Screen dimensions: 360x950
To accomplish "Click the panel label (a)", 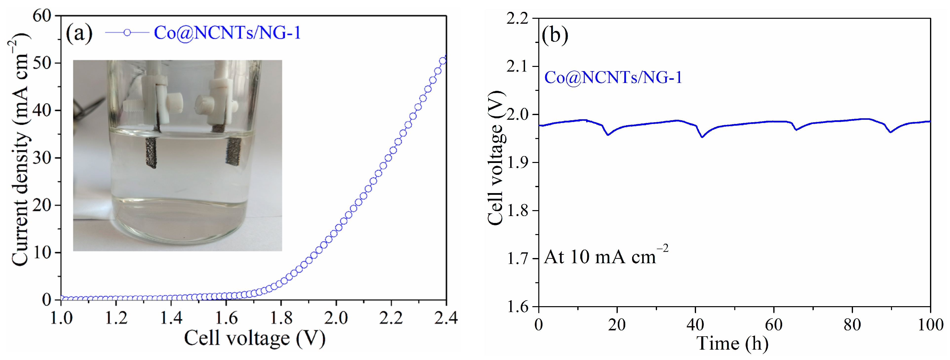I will [x=79, y=34].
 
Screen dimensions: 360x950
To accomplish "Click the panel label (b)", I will [x=555, y=36].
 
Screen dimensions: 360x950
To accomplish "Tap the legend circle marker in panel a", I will [x=127, y=33].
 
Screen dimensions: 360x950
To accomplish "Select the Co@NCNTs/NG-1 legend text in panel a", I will [x=227, y=33].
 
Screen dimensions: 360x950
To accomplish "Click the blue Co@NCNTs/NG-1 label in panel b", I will [x=613, y=78].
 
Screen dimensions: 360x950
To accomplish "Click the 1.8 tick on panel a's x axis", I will [x=281, y=318].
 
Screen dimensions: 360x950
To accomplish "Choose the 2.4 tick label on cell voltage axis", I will [x=446, y=318].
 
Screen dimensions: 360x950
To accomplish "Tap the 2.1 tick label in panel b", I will [x=517, y=66].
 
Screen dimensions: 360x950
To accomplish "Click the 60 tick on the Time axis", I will [x=773, y=325].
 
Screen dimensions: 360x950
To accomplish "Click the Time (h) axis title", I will [x=732, y=344].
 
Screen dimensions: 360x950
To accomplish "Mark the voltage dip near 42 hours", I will [x=702, y=137].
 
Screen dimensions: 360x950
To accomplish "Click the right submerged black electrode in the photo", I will [x=233, y=151].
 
